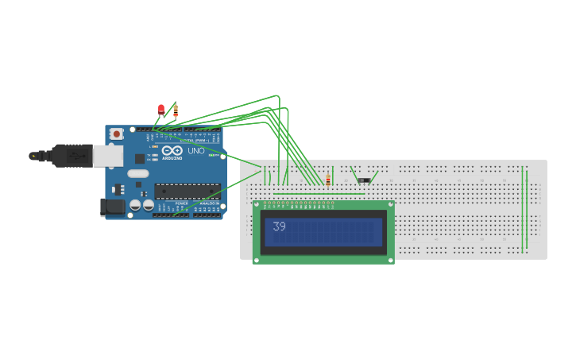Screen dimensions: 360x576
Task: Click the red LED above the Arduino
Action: pos(161,109)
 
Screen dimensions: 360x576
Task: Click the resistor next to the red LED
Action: pos(176,110)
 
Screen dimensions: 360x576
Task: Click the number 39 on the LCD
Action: pos(279,226)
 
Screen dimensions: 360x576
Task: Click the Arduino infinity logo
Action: pos(172,150)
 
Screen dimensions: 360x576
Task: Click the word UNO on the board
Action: pos(195,150)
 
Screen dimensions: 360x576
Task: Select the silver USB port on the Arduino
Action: pos(107,156)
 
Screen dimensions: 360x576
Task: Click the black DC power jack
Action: pos(114,207)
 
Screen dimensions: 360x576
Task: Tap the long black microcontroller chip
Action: pos(187,191)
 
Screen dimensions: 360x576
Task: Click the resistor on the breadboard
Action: pos(327,180)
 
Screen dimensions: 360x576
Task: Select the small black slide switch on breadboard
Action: pos(363,180)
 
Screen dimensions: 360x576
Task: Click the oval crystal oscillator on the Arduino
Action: pos(137,173)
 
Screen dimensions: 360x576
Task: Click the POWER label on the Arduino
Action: pos(182,203)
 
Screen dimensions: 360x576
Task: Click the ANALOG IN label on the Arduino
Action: pos(209,203)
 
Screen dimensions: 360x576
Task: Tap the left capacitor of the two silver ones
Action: pos(135,205)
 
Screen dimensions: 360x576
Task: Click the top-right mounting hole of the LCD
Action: pos(389,204)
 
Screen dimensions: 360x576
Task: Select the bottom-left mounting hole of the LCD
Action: pos(257,259)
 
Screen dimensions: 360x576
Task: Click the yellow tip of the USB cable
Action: pos(33,156)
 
